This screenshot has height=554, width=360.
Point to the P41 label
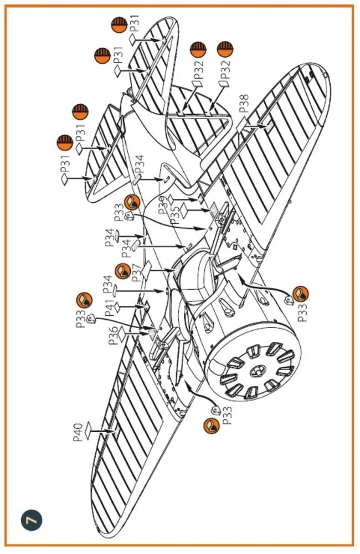pos(110,307)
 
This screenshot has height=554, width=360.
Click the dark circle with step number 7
pos(32,520)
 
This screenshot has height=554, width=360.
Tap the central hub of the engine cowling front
pos(256,371)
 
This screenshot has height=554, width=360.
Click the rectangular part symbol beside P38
pos(241,124)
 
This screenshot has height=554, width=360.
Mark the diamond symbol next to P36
pos(122,334)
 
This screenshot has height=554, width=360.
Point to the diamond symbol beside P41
pos(117,307)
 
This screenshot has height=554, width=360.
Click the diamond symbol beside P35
pos(184,210)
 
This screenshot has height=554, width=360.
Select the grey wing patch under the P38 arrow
pos(269,127)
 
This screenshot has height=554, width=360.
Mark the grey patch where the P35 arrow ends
pos(214,209)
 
